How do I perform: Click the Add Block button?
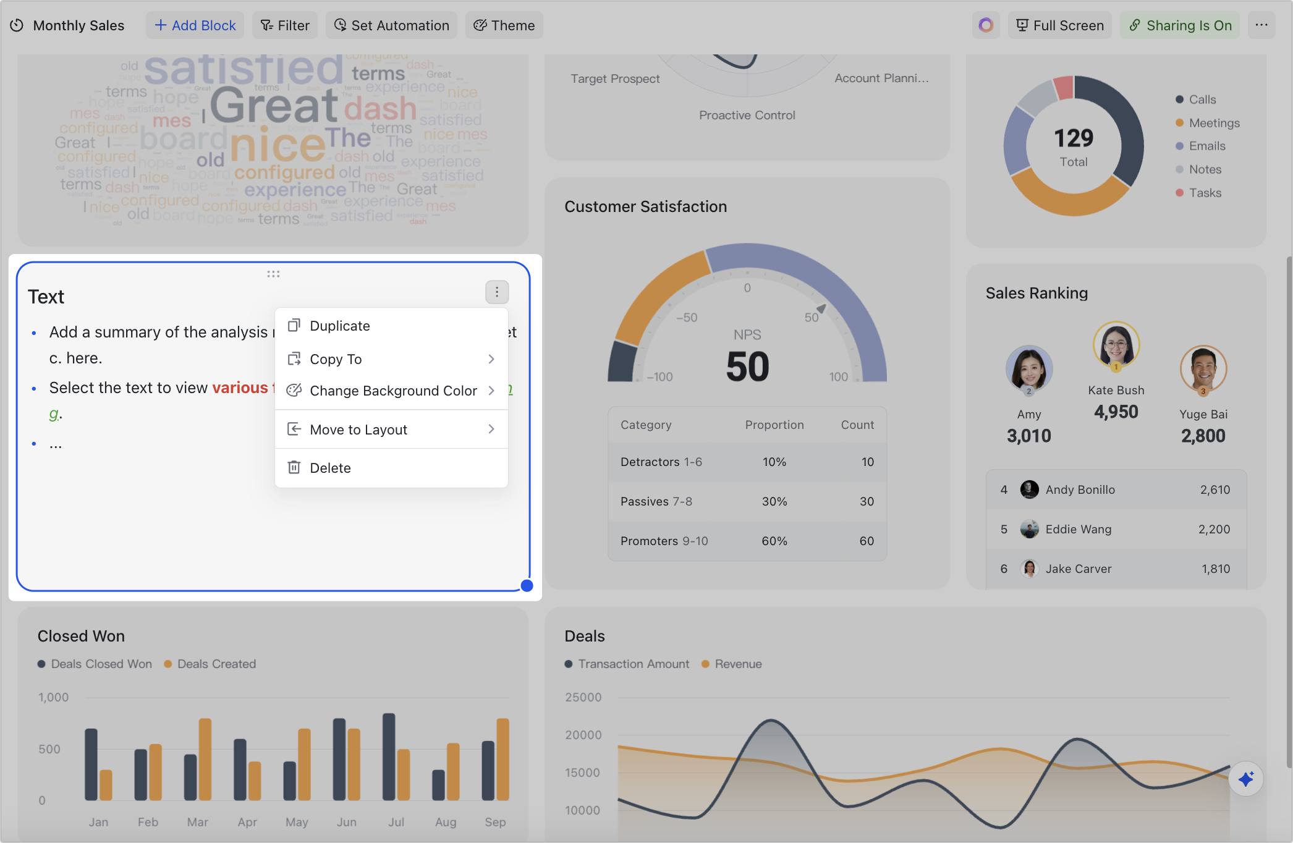tap(195, 25)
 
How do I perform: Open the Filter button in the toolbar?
tap(285, 25)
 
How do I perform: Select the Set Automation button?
tap(391, 25)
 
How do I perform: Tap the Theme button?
tap(504, 25)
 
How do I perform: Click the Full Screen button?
tap(1059, 25)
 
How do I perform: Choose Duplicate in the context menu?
tap(340, 326)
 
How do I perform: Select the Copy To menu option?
tap(336, 359)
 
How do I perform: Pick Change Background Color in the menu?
tap(393, 391)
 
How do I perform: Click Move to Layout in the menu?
tap(358, 430)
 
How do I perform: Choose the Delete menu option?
tap(330, 468)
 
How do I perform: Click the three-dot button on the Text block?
tap(497, 292)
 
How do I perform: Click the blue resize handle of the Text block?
tap(527, 586)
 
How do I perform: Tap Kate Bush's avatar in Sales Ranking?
tap(1116, 345)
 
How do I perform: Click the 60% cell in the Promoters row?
tap(774, 541)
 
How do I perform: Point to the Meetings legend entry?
tap(1214, 123)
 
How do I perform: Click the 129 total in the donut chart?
tap(1074, 138)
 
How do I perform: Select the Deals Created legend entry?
tap(216, 664)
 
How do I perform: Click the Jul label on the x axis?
tap(396, 822)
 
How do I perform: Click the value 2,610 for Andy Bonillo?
tap(1215, 489)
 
